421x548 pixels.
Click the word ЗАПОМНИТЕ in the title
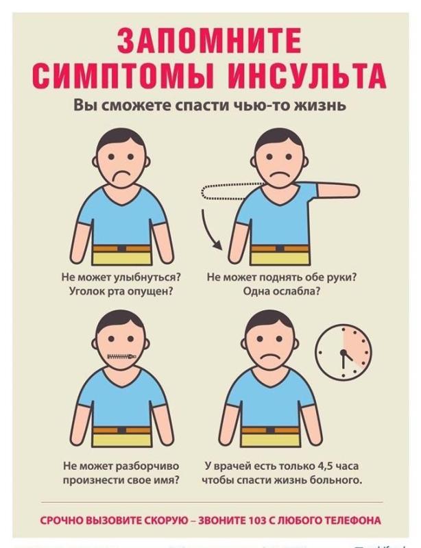click(x=209, y=40)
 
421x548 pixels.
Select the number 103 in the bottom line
click(x=257, y=521)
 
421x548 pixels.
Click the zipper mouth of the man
click(x=121, y=357)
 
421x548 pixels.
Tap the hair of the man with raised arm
click(x=279, y=139)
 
